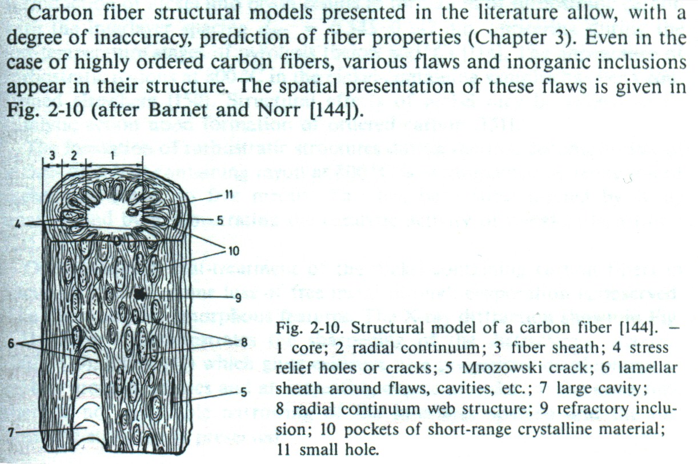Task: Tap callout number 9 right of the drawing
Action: pos(238,298)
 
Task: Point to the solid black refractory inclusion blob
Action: pos(139,295)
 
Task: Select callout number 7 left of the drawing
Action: pos(11,433)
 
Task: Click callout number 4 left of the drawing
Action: pos(18,223)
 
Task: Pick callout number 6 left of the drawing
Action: pos(11,343)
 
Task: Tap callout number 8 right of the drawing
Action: pos(244,343)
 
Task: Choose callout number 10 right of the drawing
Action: pos(234,251)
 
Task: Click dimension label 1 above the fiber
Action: pos(113,155)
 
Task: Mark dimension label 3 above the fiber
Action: pos(53,155)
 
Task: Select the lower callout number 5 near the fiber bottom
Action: pos(243,392)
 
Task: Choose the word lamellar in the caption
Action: pos(648,368)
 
